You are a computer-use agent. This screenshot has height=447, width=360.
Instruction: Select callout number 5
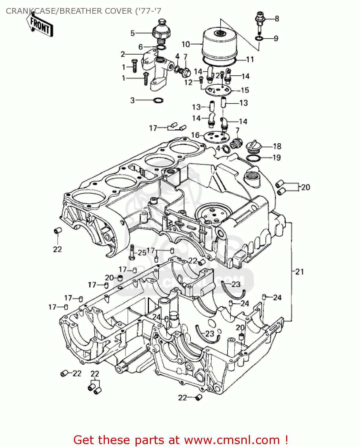[x=133, y=33]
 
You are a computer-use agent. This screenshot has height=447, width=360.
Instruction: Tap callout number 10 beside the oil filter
[x=186, y=44]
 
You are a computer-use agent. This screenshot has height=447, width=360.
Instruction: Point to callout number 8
[x=277, y=19]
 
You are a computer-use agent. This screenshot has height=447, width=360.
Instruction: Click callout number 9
[x=276, y=38]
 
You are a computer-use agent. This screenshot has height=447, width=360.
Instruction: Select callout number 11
[x=250, y=60]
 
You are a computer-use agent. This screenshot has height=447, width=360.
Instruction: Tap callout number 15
[x=245, y=90]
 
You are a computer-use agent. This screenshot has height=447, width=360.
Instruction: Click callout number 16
[x=195, y=135]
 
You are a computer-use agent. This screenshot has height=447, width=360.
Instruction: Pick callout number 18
[x=277, y=146]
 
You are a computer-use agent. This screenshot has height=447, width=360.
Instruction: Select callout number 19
[x=277, y=158]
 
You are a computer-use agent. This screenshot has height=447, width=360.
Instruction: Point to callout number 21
[x=300, y=271]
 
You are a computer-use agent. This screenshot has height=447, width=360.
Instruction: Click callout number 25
[x=142, y=253]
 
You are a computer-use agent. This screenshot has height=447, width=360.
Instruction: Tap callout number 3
[x=133, y=100]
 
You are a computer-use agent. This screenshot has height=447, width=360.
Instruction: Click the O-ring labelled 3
[x=158, y=100]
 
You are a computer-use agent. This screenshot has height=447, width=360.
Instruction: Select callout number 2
[x=123, y=54]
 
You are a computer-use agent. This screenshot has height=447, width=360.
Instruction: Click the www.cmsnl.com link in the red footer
[x=232, y=440]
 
